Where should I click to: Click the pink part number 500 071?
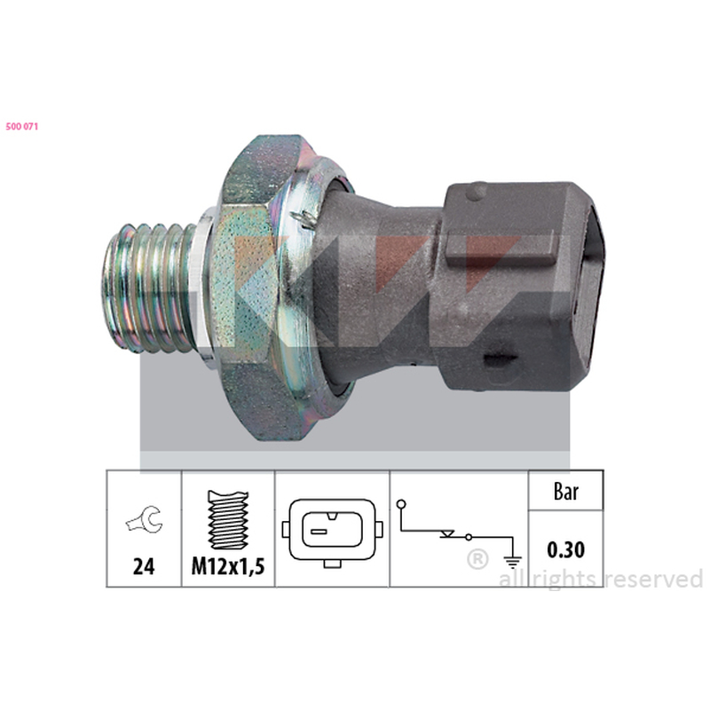tap(21, 127)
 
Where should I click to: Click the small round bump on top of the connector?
tap(477, 192)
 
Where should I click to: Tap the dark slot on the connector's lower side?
tap(500, 360)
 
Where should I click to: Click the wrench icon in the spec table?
tap(145, 520)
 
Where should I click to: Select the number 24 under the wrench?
tap(144, 566)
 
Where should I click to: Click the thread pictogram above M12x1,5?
tap(228, 520)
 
